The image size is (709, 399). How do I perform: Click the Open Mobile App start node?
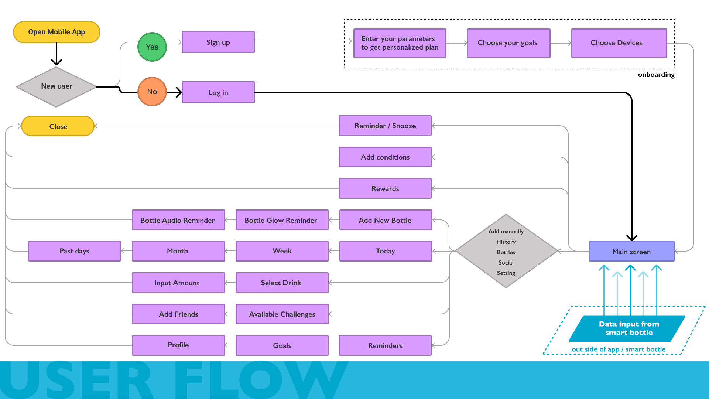tap(56, 32)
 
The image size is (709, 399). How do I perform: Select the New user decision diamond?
tap(56, 87)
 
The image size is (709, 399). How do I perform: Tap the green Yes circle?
tap(152, 47)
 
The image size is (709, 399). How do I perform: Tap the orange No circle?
tap(152, 92)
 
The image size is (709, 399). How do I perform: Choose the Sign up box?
tap(218, 42)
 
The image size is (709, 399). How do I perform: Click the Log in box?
tap(218, 92)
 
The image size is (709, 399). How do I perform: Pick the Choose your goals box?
tap(508, 43)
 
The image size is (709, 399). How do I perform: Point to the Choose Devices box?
tap(619, 43)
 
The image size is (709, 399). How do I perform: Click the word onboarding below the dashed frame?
tap(656, 75)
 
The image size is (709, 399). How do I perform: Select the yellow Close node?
tap(58, 126)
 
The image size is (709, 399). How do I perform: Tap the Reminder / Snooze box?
tap(385, 126)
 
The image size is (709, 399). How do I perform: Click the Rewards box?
tap(385, 188)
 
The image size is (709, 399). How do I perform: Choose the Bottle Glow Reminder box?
tap(282, 220)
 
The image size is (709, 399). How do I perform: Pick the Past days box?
tap(74, 251)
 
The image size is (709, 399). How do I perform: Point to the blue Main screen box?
tap(631, 252)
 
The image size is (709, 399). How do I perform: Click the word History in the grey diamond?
tap(506, 242)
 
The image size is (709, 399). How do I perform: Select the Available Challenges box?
tap(282, 314)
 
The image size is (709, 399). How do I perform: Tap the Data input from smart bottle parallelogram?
tap(628, 328)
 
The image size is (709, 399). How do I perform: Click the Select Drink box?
tap(282, 283)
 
